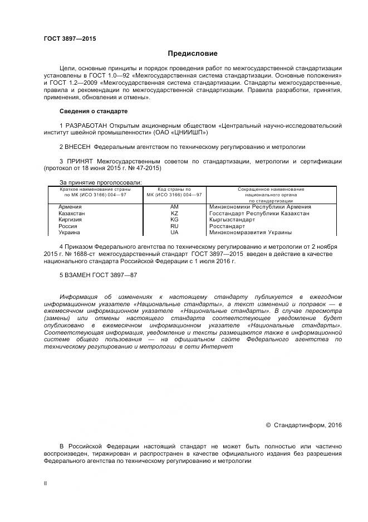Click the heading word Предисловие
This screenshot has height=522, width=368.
pos(193,54)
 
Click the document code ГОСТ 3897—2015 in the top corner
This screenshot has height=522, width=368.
pos(70,38)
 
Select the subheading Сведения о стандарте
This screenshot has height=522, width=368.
pos(93,112)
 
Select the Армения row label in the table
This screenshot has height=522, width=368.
pos(70,207)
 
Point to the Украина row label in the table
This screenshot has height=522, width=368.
pos(70,233)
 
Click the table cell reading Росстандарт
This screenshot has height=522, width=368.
pos(227,226)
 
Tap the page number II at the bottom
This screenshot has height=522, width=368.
pos(45,484)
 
